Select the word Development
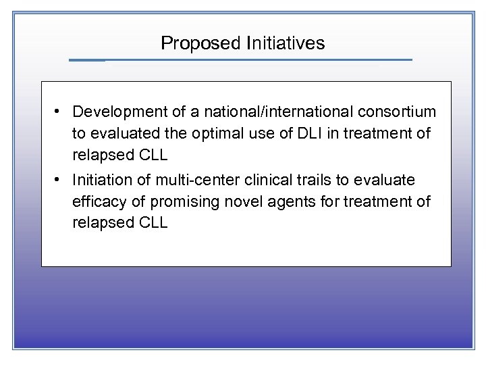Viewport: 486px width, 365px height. (117, 111)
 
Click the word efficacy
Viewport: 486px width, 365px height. (98, 202)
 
